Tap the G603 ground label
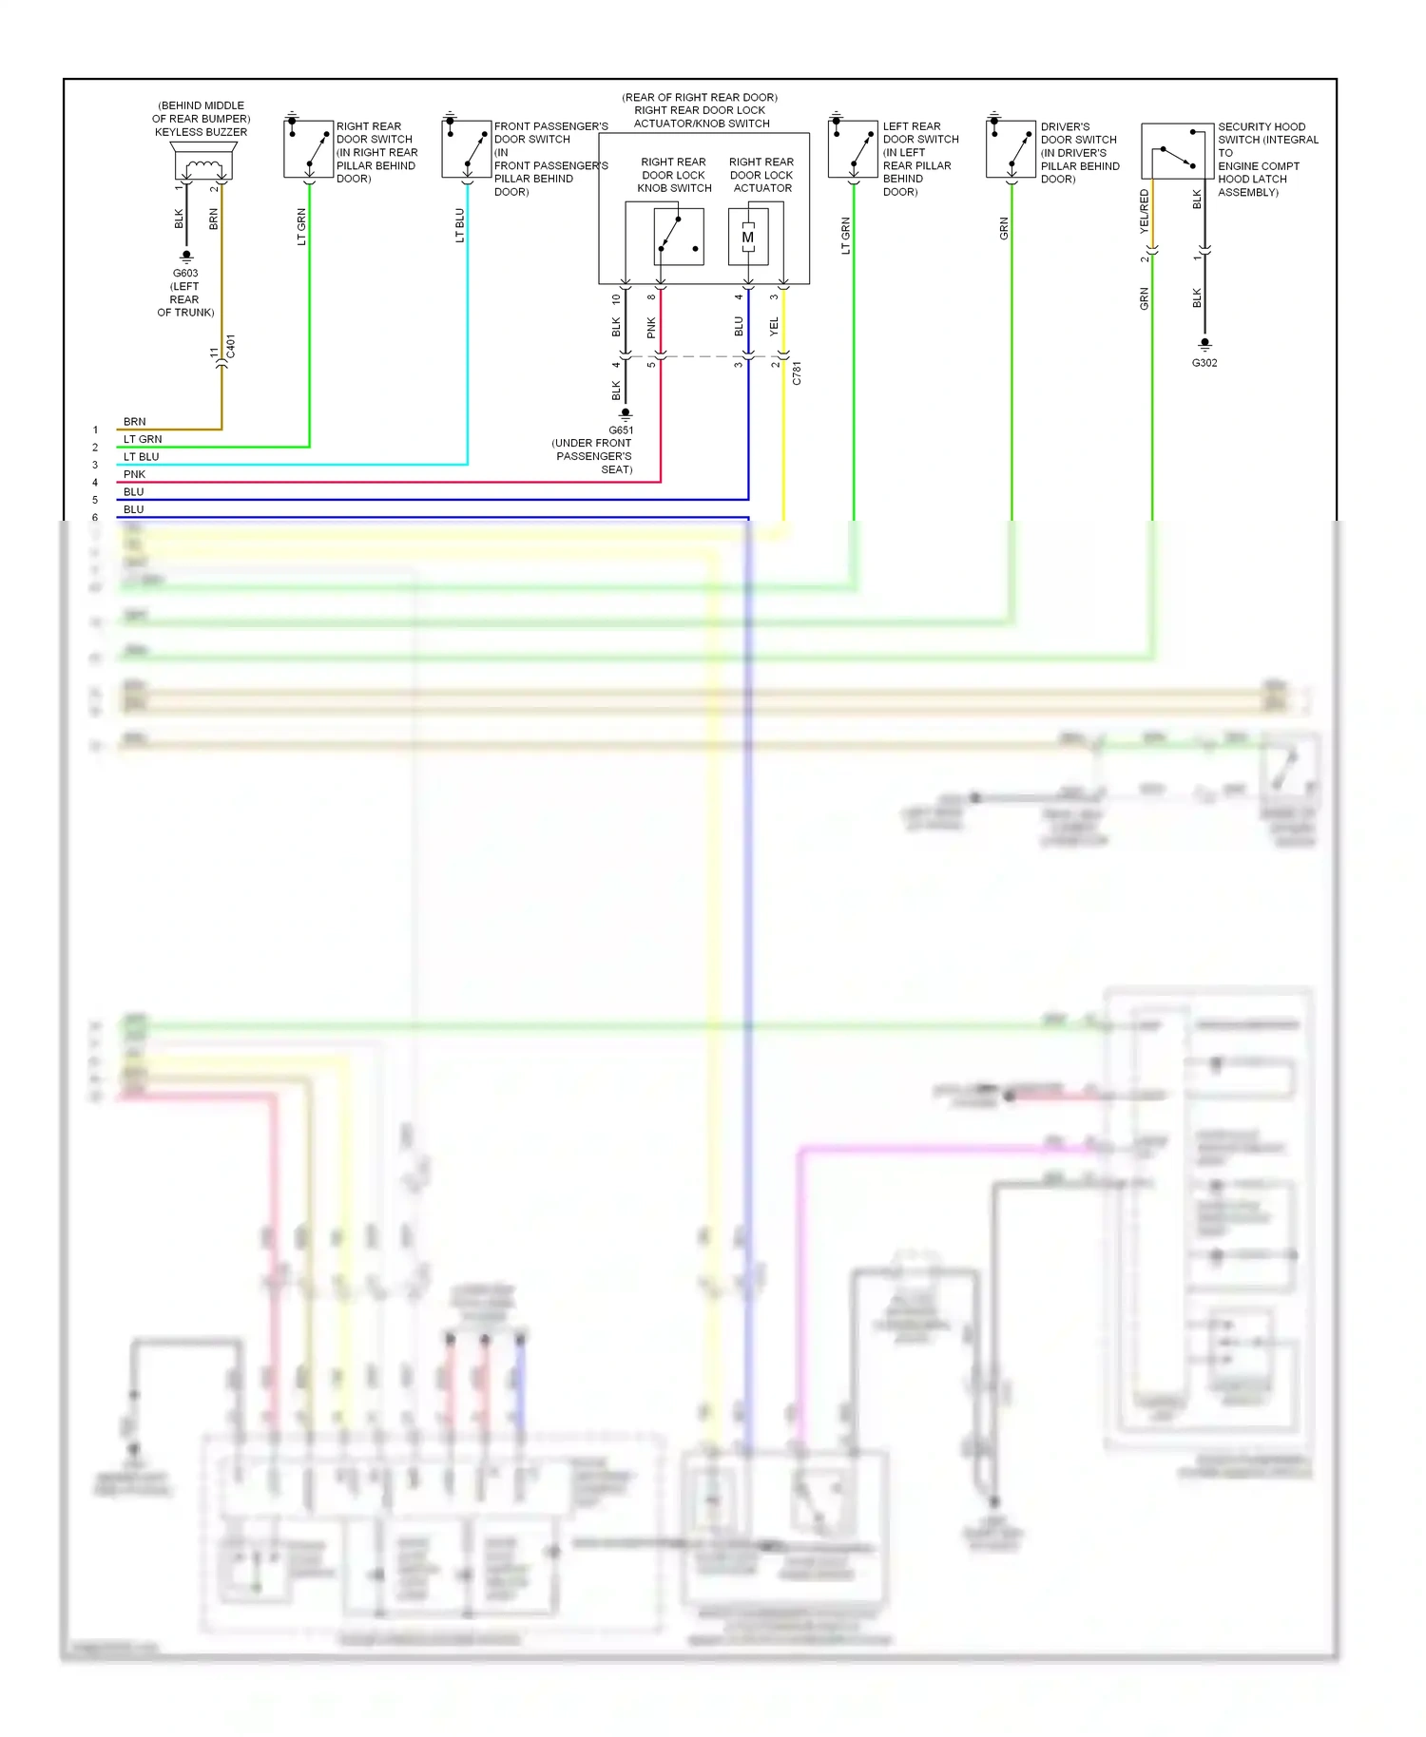[x=185, y=273]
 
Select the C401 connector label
[x=231, y=347]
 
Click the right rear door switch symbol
[x=308, y=148]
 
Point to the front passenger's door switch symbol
[x=466, y=148]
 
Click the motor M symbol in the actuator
[x=748, y=237]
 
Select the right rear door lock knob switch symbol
[x=679, y=236]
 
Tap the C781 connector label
[x=797, y=372]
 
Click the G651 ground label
[x=621, y=429]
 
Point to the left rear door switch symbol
[x=852, y=148]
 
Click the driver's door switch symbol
[x=1010, y=148]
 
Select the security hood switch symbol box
[x=1177, y=151]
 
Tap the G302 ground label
[x=1204, y=363]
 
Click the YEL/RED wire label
[x=1145, y=211]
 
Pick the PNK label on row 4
[x=134, y=474]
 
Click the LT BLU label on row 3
[x=141, y=456]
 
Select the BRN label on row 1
[x=134, y=421]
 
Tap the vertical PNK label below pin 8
[x=651, y=328]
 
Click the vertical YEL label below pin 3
[x=774, y=326]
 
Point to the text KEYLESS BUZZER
[x=201, y=132]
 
